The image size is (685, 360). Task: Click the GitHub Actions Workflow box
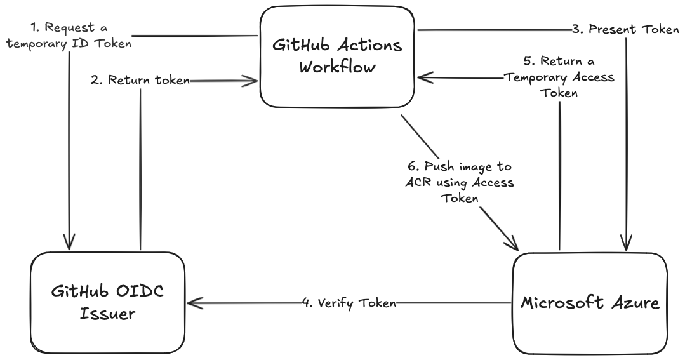click(337, 57)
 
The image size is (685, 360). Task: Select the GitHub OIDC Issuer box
click(107, 302)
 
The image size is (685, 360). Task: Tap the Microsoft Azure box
click(590, 303)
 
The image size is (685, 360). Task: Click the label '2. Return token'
click(140, 80)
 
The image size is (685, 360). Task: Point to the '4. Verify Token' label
click(349, 303)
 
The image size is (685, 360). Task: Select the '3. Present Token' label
click(625, 29)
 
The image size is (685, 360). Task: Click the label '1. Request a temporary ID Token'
click(70, 36)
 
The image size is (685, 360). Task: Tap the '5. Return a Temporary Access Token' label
click(559, 77)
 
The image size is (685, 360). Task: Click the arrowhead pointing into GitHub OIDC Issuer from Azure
click(192, 303)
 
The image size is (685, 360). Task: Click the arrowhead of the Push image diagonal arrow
click(514, 244)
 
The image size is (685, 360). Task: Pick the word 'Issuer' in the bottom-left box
click(107, 314)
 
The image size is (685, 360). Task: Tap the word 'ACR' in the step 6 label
click(417, 183)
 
